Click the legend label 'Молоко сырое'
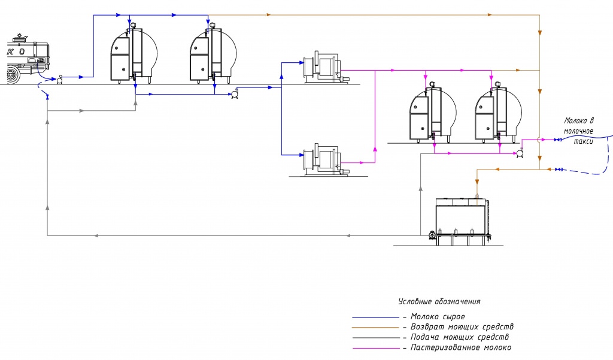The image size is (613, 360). coord(438,316)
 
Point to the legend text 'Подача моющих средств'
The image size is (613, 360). coord(459,337)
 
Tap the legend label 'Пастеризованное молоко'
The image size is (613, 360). coord(460,347)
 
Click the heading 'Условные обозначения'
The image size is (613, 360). coord(439,301)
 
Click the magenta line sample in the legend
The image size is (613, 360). coord(376,348)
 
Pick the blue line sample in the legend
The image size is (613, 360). coord(376,317)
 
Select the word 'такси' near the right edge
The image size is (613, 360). coord(583,141)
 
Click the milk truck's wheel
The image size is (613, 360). coord(13,75)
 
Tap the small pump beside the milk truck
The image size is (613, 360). coord(60,80)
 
